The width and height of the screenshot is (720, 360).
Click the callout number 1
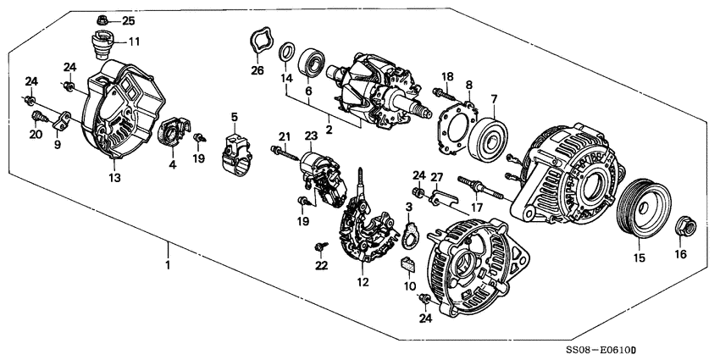tap(168, 266)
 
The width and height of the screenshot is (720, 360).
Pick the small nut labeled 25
tap(102, 19)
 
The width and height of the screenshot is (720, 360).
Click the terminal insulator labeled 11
tap(101, 42)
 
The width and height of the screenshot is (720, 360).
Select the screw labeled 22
tap(319, 246)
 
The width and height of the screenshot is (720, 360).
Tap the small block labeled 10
tap(407, 266)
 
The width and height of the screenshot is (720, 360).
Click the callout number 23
tap(311, 136)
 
